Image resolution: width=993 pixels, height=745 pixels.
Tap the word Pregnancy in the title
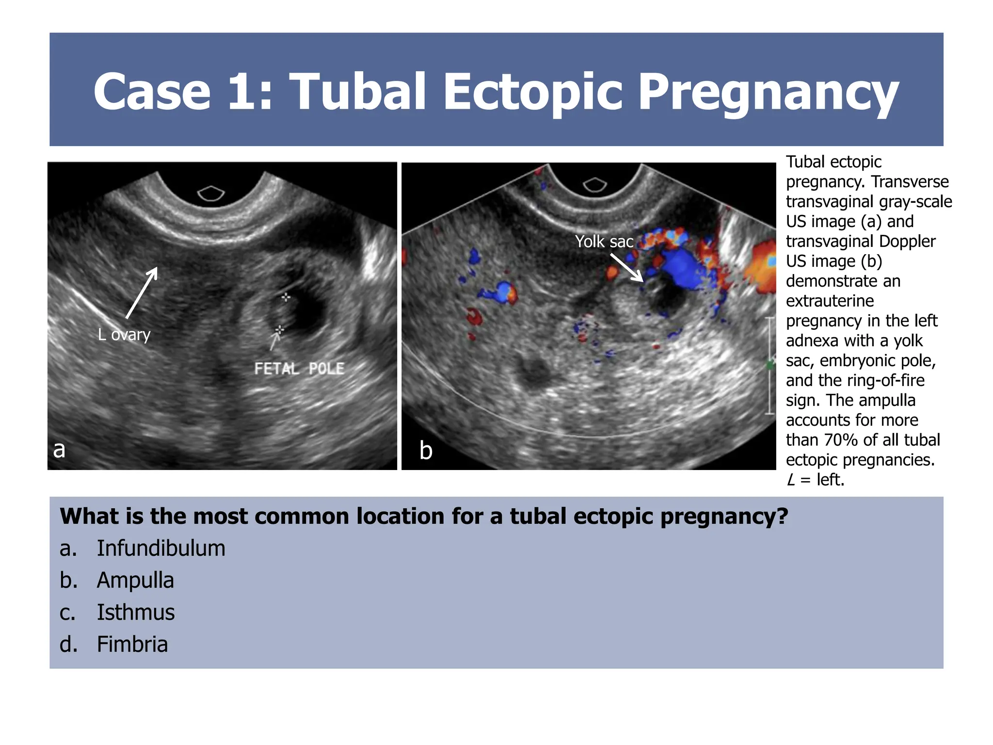pos(769,92)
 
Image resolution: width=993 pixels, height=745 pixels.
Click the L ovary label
pos(124,334)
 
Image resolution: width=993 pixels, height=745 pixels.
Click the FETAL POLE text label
pos(299,369)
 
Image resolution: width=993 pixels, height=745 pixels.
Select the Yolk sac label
pos(604,241)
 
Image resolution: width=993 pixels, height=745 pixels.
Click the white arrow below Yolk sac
pos(627,268)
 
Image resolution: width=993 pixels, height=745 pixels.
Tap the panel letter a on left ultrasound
pos(59,449)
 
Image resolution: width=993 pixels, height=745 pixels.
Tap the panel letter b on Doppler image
pos(426,450)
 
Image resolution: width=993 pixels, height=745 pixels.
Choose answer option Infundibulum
pos(160,548)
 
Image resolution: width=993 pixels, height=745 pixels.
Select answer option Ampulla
pos(135,580)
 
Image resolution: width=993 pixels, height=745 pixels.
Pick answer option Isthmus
pos(136,612)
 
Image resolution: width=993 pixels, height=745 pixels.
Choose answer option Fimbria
pos(132,644)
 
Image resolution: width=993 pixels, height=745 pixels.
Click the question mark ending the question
pos(782,516)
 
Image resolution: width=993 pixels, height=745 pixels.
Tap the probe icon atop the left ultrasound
pos(211,194)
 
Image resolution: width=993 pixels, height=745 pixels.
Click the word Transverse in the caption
pos(910,181)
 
